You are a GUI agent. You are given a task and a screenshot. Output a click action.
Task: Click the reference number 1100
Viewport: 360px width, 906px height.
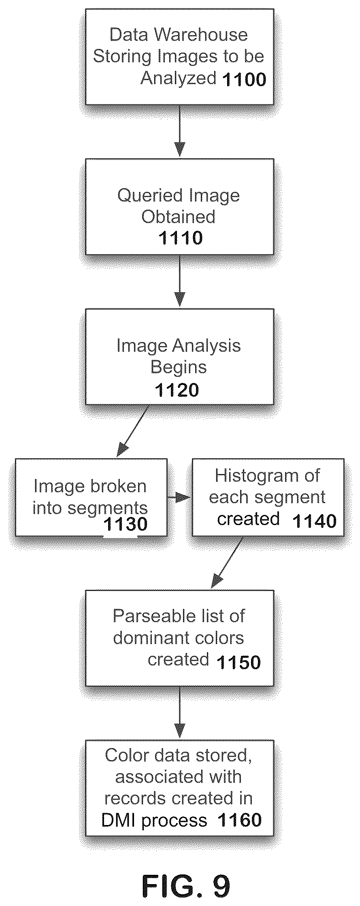pos(244,79)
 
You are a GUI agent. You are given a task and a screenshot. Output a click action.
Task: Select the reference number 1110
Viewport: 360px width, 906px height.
pos(180,238)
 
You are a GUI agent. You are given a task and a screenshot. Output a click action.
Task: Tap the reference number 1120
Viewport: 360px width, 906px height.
pos(177,390)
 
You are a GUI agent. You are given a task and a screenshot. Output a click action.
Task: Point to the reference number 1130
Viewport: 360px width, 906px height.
pos(126,524)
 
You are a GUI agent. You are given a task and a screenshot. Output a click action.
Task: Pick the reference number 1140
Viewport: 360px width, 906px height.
pos(314,521)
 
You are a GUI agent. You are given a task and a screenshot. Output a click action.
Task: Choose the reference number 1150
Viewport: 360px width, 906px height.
pos(239,662)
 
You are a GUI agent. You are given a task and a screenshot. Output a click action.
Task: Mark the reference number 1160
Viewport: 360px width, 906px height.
pos(240,820)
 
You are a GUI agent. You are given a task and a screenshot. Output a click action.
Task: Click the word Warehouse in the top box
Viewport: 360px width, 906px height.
pos(202,35)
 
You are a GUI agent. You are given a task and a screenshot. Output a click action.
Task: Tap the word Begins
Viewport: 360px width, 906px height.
pos(179,368)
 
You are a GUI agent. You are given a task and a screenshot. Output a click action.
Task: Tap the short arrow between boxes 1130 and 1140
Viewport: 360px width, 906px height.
pos(179,498)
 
